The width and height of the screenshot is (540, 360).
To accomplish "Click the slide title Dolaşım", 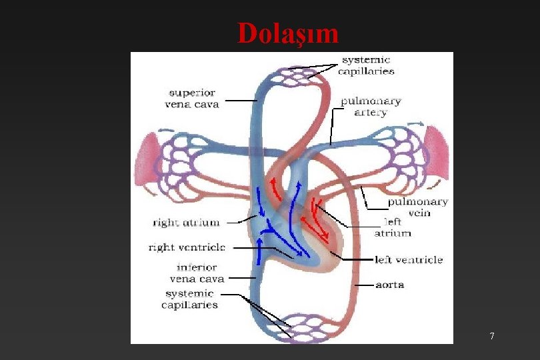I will coord(288,33).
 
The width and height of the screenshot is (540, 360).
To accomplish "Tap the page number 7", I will coord(492,336).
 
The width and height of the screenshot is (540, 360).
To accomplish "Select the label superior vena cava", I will coord(191,98).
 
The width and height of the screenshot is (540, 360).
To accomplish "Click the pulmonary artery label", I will coord(371,107).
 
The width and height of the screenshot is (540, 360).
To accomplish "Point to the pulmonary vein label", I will coord(418,207).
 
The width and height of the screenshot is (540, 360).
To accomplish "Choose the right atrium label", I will coord(186,223).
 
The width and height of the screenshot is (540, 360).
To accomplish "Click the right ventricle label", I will coord(187,247).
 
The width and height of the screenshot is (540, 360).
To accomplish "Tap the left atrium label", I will coord(393,227).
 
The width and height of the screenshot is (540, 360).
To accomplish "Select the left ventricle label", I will coord(409,260).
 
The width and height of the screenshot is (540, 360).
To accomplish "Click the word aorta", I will coord(389,285).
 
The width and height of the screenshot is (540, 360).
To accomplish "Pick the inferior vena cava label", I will coord(197,273).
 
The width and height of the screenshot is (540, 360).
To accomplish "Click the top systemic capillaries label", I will coord(366,65).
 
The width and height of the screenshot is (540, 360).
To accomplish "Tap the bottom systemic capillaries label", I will coord(189,299).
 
